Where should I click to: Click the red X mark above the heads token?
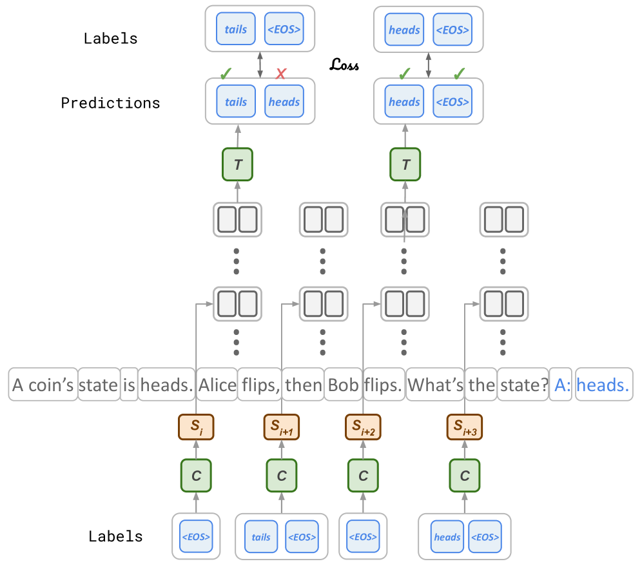tap(280, 74)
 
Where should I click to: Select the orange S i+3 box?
tap(464, 427)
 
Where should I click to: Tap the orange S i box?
tap(196, 427)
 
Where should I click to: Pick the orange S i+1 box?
tap(282, 427)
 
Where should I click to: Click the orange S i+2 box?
tap(364, 427)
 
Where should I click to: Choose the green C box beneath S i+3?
tap(464, 476)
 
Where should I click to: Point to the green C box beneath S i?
tap(196, 476)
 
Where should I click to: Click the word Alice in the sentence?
tap(217, 385)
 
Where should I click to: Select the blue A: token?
tap(562, 385)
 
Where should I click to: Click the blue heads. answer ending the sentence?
tap(603, 385)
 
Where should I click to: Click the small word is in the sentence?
tap(129, 385)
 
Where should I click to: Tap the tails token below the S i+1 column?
tap(261, 537)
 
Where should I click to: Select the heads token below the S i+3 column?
tap(447, 537)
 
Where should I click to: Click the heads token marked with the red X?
tap(284, 101)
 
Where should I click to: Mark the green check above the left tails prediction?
tap(225, 74)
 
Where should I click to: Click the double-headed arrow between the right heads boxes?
tap(429, 65)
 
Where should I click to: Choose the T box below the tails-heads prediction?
tap(237, 165)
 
